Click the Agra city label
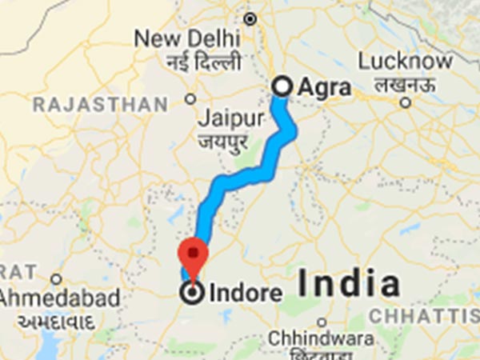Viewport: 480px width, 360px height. coord(324,86)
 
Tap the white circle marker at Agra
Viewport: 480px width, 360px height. coord(282,86)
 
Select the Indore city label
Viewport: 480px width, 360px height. coord(245,294)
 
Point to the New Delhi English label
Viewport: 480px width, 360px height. coord(186,38)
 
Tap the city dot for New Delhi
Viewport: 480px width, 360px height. coord(250,18)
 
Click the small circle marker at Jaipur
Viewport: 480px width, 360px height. coord(190,99)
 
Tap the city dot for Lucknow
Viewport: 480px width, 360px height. coord(406,102)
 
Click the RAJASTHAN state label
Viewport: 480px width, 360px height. coord(100,104)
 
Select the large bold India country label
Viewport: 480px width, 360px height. coord(349,284)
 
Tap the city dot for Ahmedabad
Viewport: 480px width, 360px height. coord(55,279)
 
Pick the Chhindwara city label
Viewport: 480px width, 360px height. coord(319,338)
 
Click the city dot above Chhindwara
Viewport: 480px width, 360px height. coord(321,322)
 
